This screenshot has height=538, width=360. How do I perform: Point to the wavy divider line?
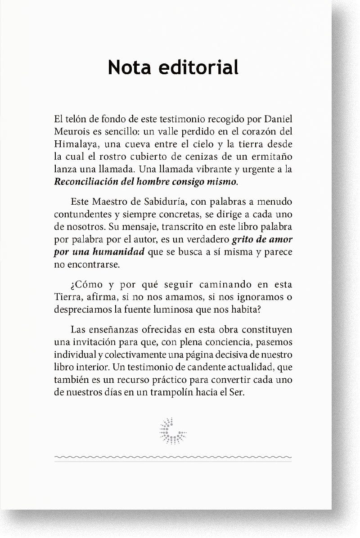(172, 457)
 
